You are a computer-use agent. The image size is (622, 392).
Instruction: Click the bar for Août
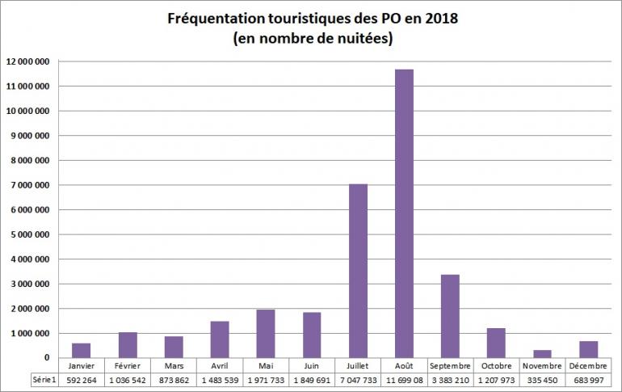404,213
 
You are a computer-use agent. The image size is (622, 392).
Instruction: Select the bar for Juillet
358,271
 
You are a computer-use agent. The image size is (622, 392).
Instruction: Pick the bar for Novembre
543,353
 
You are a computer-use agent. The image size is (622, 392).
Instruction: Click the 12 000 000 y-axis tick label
28,61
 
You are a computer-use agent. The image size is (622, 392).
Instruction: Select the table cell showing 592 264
82,379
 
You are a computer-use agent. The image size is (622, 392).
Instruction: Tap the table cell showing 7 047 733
358,379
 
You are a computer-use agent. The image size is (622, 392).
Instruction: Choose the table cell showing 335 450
542,379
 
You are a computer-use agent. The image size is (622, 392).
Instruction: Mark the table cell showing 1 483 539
220,379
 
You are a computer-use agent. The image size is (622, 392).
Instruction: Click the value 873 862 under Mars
174,379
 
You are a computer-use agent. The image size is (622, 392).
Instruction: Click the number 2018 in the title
437,18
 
